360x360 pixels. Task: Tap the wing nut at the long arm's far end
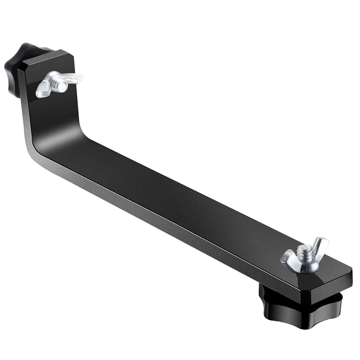point(304,256)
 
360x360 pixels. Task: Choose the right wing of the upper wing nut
point(72,77)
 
